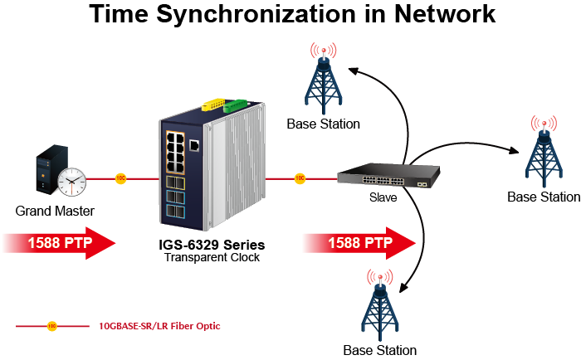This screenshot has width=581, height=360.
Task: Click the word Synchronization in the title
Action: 256,14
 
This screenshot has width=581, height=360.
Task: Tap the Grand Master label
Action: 55,212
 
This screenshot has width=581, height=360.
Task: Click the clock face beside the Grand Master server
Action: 72,182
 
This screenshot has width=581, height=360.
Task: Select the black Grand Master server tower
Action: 51,169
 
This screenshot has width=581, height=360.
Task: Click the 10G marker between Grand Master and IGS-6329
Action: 121,178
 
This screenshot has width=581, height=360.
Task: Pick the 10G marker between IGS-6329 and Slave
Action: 300,178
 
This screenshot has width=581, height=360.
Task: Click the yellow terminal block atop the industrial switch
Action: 214,104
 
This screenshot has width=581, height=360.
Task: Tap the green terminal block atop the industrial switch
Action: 235,105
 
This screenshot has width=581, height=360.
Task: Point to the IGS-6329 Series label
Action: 212,245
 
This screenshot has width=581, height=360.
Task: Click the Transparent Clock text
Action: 212,257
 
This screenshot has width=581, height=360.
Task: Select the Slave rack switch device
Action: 388,176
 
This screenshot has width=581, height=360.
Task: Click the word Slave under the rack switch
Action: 383,197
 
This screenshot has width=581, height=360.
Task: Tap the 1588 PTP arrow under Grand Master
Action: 59,243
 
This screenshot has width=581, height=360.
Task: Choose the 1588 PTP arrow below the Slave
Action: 359,243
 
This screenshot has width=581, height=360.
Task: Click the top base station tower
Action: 324,79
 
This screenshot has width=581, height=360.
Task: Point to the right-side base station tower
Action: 544,152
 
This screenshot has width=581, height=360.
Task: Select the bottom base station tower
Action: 380,305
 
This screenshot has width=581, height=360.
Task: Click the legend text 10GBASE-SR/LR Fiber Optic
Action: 159,326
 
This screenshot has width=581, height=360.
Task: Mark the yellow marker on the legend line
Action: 51,326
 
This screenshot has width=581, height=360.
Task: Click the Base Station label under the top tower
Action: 324,124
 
